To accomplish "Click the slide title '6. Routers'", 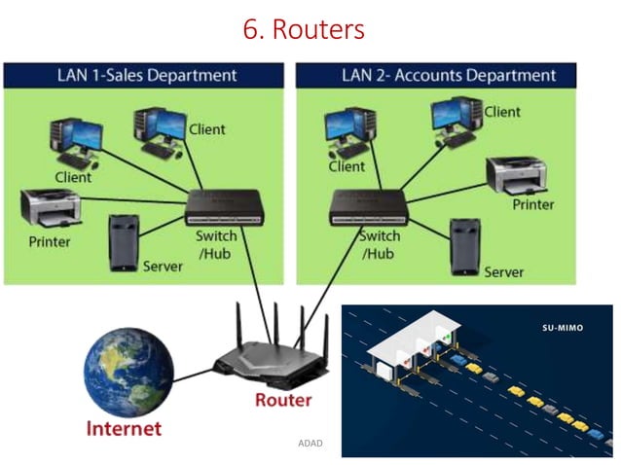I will click(304, 29).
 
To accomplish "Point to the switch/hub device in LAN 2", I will click(369, 204).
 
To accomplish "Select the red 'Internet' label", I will click(124, 427).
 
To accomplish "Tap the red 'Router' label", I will click(282, 400).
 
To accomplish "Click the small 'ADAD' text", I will click(310, 444).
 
